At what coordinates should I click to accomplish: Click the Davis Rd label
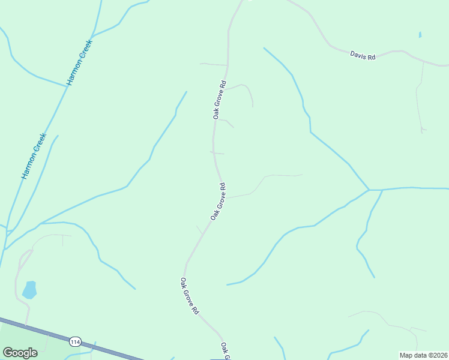click(x=363, y=56)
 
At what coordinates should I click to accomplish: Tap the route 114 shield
click(x=75, y=342)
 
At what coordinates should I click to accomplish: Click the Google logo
click(x=20, y=352)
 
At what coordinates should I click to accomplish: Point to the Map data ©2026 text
click(x=423, y=355)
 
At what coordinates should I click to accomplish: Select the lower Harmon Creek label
click(x=34, y=155)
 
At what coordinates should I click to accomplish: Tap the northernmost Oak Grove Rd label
click(x=219, y=99)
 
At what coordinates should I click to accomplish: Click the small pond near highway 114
click(x=29, y=290)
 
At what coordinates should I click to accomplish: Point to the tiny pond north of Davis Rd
click(x=420, y=35)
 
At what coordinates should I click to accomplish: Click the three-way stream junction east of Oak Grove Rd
click(x=369, y=190)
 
